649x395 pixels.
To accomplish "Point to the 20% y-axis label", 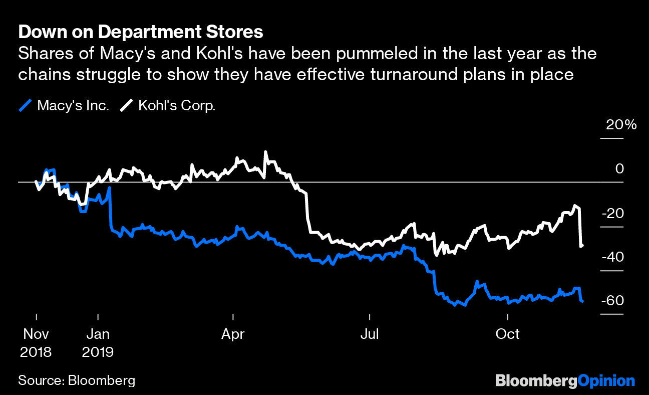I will (621, 125).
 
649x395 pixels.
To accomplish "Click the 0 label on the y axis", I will (620, 169).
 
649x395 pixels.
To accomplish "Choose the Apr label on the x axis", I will (233, 334).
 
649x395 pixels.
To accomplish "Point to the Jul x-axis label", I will (369, 334).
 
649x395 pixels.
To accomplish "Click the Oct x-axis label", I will (508, 334).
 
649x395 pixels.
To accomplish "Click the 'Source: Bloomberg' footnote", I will (77, 380).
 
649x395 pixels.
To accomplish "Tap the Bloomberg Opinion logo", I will (565, 380).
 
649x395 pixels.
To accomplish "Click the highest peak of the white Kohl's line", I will (265, 152).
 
